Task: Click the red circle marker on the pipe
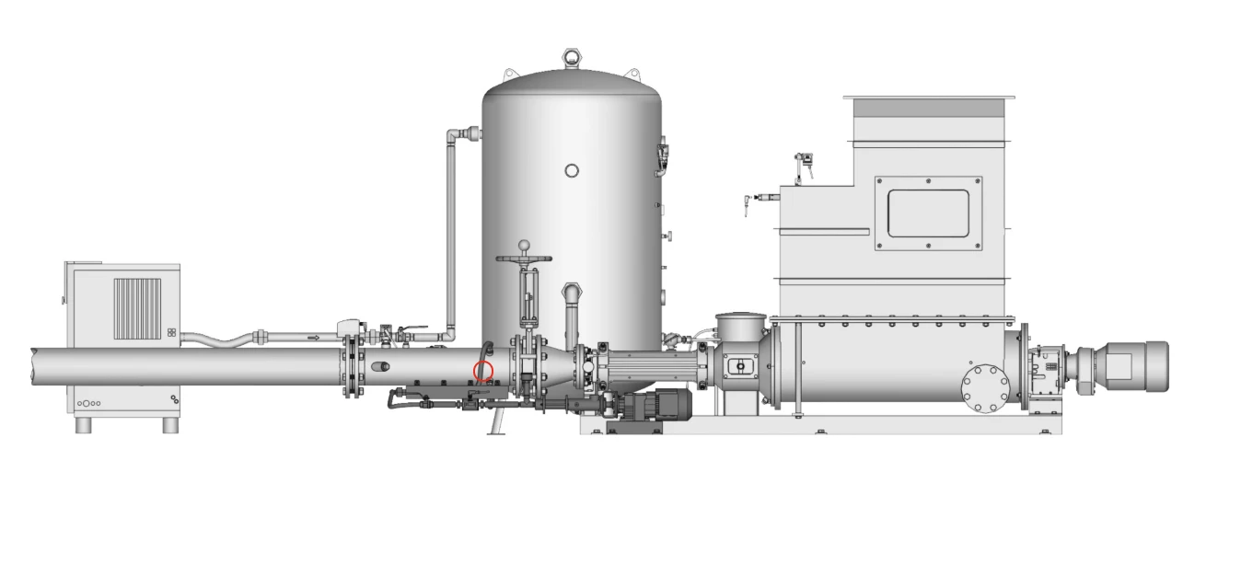pyautogui.click(x=483, y=372)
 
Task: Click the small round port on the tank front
pyautogui.click(x=572, y=170)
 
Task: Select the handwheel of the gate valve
pyautogui.click(x=525, y=260)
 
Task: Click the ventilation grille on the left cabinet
pyautogui.click(x=137, y=308)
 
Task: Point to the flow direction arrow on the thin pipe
pyautogui.click(x=314, y=338)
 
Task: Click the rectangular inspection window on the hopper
pyautogui.click(x=928, y=213)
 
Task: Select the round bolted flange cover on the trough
pyautogui.click(x=985, y=389)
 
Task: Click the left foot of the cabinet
pyautogui.click(x=84, y=425)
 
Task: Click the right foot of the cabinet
pyautogui.click(x=170, y=425)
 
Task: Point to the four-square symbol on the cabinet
pyautogui.click(x=171, y=332)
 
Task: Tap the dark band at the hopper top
pyautogui.click(x=929, y=108)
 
